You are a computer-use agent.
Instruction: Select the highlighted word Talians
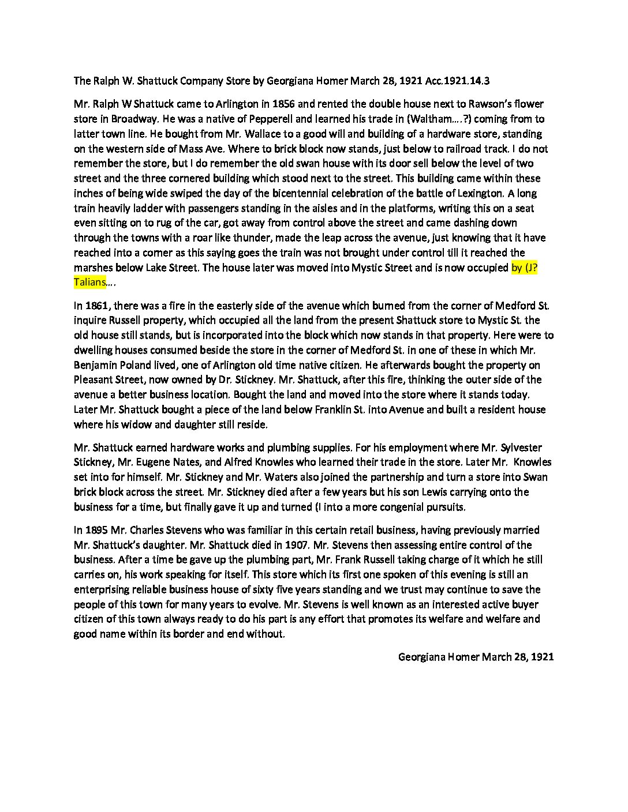click(90, 282)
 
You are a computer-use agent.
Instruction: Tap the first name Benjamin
click(97, 365)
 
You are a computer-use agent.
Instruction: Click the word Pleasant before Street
click(95, 379)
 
